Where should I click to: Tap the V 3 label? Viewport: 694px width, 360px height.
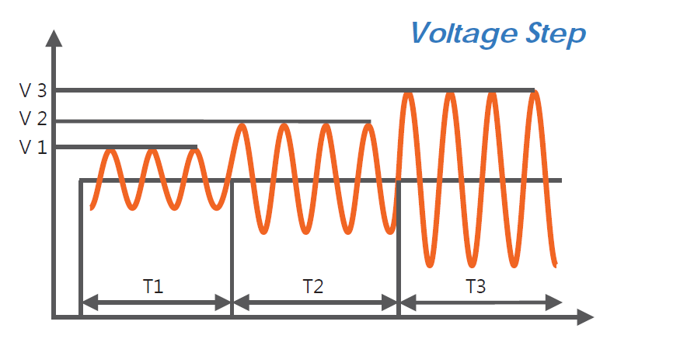(x=33, y=90)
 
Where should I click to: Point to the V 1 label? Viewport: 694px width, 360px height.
(x=33, y=145)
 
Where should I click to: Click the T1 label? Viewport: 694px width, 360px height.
(x=153, y=286)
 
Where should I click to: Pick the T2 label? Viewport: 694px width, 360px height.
(x=313, y=286)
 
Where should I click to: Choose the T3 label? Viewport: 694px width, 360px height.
(x=476, y=286)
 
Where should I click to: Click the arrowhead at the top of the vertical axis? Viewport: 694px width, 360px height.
(x=53, y=37)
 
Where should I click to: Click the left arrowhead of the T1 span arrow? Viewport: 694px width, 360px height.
(x=88, y=302)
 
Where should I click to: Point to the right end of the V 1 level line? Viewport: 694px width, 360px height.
(x=196, y=146)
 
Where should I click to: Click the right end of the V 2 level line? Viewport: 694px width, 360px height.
(x=369, y=121)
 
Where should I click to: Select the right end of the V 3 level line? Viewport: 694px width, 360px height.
(x=533, y=90)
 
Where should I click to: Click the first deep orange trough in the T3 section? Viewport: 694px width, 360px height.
(x=429, y=264)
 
